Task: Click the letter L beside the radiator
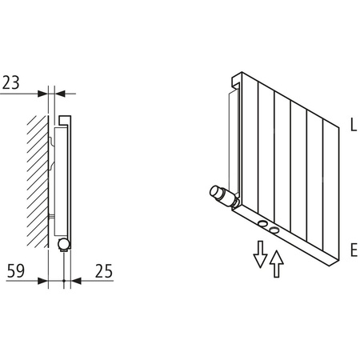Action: (352, 125)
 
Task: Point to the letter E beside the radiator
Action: (352, 250)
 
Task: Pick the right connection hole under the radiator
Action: (275, 230)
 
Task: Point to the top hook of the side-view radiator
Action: (64, 121)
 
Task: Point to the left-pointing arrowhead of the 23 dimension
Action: (58, 93)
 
